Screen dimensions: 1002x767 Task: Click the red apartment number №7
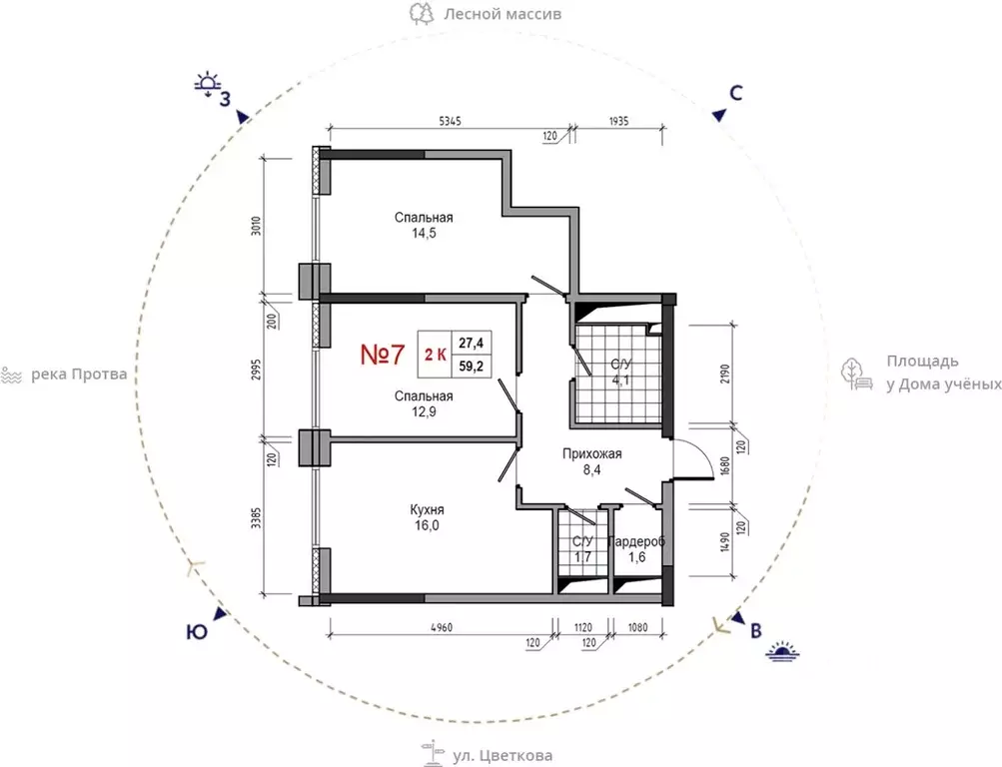tap(383, 356)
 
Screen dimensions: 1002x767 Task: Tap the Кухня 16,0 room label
tap(427, 518)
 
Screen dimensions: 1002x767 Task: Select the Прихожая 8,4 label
tap(591, 461)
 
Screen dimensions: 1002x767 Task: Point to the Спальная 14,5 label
tap(424, 226)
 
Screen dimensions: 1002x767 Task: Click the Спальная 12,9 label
tap(424, 404)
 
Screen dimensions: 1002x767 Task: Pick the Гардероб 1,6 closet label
tap(637, 549)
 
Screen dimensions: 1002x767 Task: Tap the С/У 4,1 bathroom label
tap(621, 373)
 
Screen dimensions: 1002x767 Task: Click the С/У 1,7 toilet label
tap(582, 549)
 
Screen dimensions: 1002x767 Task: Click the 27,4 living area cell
tap(472, 344)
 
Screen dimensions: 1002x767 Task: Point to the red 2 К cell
tap(436, 355)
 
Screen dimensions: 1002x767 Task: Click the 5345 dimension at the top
tap(450, 121)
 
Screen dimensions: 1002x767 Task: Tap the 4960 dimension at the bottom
tap(441, 627)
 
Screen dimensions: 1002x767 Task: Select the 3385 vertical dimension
tap(256, 518)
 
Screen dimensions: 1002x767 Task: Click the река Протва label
tap(79, 375)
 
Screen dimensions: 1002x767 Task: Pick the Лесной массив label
tap(502, 13)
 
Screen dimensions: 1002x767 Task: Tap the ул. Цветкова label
tap(502, 756)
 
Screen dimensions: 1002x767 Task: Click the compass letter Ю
tap(197, 632)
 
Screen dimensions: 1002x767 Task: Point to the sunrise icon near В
tap(784, 651)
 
